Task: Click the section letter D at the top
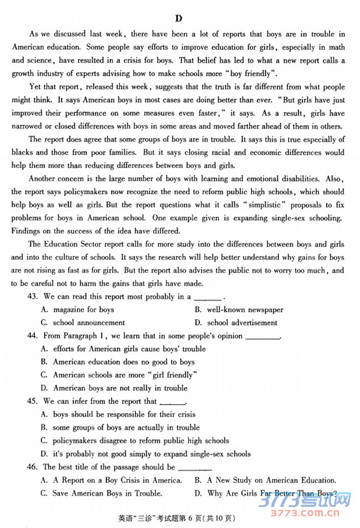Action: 178,19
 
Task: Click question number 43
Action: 32,296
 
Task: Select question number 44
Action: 32,336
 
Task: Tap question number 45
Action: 32,401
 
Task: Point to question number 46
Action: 32,467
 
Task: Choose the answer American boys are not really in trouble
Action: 120,388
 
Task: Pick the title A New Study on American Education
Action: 271,480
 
